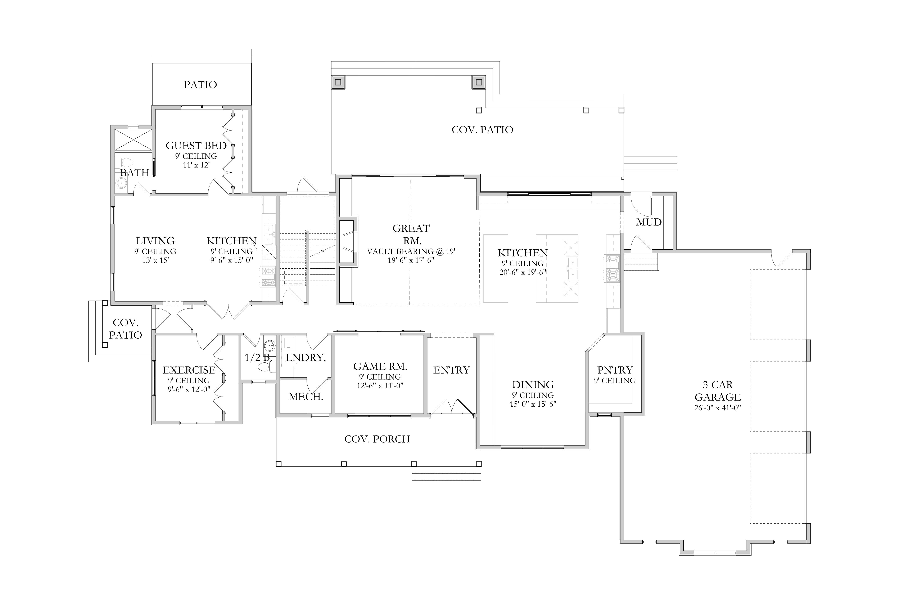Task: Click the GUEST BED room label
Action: (196, 146)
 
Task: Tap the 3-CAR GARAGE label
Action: (718, 391)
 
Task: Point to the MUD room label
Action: (649, 222)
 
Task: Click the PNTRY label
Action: (615, 370)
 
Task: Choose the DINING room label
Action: (533, 385)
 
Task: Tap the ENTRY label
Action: (452, 370)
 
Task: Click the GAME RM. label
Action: (380, 366)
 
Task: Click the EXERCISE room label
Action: (189, 370)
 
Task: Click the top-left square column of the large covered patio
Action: (338, 82)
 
